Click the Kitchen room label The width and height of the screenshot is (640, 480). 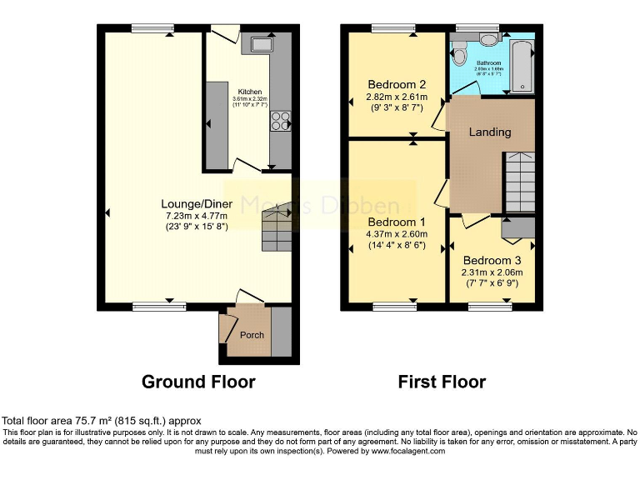[250, 92]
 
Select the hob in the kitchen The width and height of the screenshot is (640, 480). [279, 121]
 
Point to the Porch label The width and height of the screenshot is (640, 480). [252, 335]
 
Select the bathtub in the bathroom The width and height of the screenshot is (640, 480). [521, 62]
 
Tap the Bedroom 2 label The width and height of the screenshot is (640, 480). [397, 84]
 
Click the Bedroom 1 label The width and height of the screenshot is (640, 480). [397, 222]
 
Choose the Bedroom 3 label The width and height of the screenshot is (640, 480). [492, 259]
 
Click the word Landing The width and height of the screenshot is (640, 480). [490, 132]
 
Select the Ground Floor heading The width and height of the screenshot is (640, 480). [198, 382]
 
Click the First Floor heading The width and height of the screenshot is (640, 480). [442, 382]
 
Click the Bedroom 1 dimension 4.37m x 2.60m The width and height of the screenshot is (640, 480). [397, 235]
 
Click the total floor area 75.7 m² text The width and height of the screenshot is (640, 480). [101, 421]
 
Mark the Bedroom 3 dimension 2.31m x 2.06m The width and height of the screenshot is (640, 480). [492, 272]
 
